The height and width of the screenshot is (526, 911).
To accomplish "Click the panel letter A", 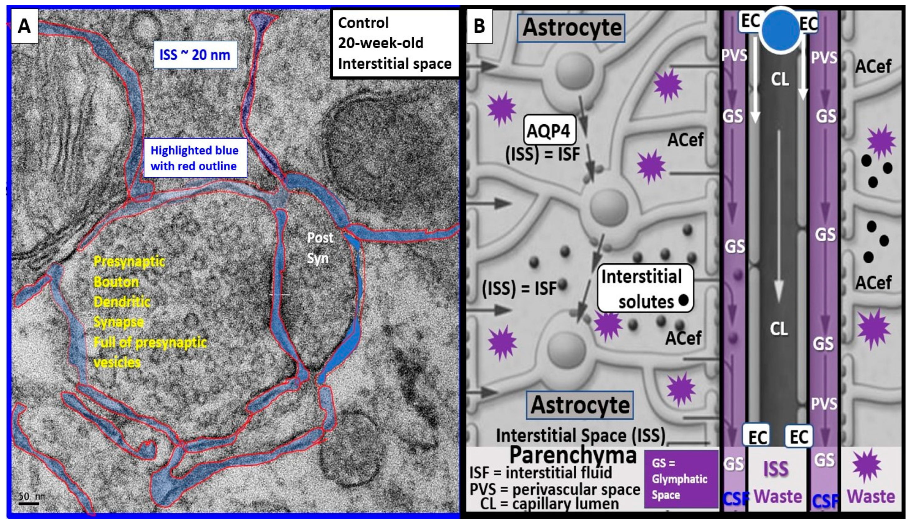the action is [x=24, y=26].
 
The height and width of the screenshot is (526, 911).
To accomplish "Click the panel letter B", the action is [x=479, y=26].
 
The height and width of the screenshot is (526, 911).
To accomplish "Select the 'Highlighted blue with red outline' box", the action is [x=195, y=158].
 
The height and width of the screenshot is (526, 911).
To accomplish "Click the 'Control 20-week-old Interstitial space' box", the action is [x=395, y=43].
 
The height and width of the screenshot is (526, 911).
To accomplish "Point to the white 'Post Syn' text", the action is [x=319, y=248].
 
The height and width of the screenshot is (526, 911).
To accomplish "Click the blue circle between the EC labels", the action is [x=780, y=30].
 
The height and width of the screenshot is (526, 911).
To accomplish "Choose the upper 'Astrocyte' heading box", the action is [x=571, y=28].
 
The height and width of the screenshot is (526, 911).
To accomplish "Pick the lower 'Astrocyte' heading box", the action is [x=580, y=405].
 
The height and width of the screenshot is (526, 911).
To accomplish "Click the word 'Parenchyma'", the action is [x=573, y=455].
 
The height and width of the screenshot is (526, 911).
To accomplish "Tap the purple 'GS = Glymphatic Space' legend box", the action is [x=681, y=479].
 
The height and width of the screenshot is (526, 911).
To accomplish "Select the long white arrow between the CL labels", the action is [x=779, y=217].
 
